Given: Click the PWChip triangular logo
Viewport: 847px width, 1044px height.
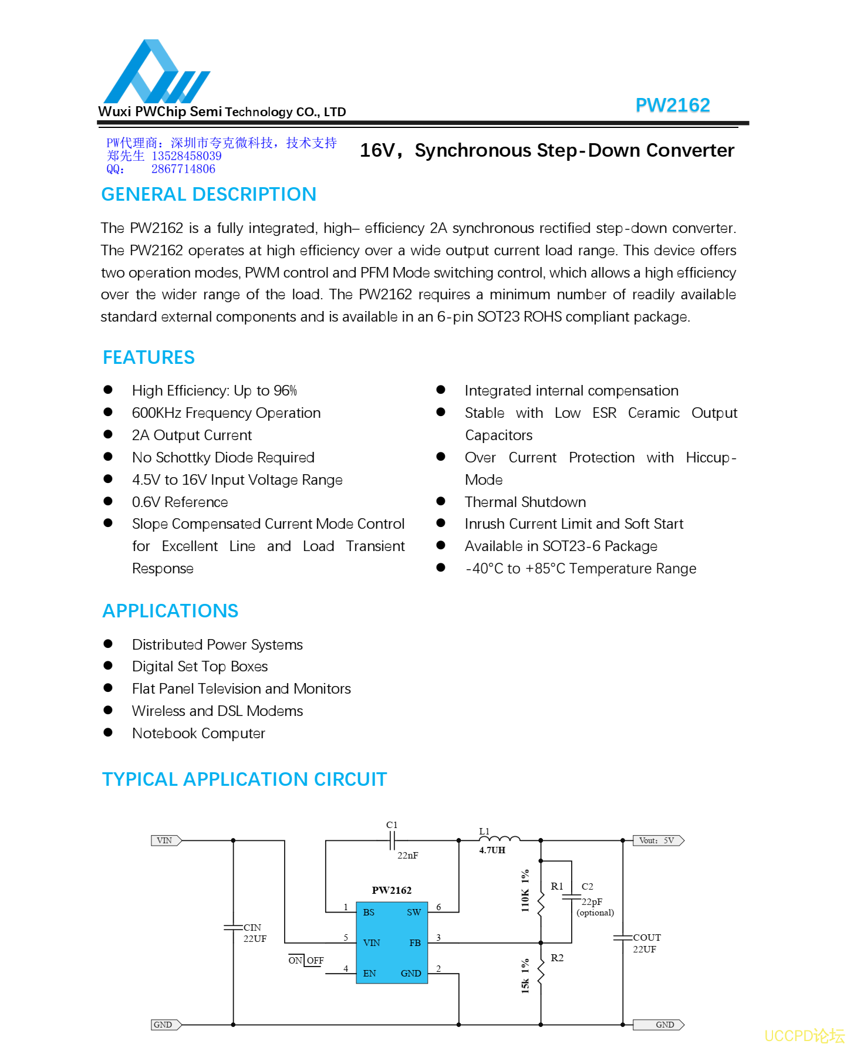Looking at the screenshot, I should tap(156, 72).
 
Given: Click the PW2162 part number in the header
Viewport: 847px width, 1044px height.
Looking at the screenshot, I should tap(672, 105).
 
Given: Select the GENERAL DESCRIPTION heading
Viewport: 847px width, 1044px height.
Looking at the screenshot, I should tap(208, 194).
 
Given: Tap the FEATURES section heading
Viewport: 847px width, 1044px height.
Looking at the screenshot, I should tap(149, 357).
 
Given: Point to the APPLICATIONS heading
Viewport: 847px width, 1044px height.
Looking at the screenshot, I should tap(170, 611).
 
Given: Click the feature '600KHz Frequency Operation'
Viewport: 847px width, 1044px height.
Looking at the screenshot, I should tap(226, 413).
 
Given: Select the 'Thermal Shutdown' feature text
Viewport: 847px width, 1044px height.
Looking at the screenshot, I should tap(525, 502).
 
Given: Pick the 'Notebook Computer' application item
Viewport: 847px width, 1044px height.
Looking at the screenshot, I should tap(198, 734).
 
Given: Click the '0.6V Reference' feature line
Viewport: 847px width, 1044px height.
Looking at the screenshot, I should tap(180, 502).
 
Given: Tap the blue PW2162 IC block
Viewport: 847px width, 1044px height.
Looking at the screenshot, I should tap(392, 942).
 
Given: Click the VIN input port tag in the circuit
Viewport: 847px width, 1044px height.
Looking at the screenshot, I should tap(166, 840).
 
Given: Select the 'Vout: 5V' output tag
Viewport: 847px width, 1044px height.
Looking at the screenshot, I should tap(657, 840).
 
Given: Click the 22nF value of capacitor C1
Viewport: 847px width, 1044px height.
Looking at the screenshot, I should tap(407, 856).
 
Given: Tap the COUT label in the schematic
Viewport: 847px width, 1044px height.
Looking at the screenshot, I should tap(647, 938).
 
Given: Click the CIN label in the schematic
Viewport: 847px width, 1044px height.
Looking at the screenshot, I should tap(252, 928).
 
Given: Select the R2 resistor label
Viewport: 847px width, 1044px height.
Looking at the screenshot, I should tap(557, 958).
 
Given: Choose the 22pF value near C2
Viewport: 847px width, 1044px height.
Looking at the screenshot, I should tap(592, 902).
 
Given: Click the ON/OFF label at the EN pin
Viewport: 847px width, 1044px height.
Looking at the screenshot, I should tap(306, 961).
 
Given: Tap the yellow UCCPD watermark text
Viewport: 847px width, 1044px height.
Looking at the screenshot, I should tap(804, 1035).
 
